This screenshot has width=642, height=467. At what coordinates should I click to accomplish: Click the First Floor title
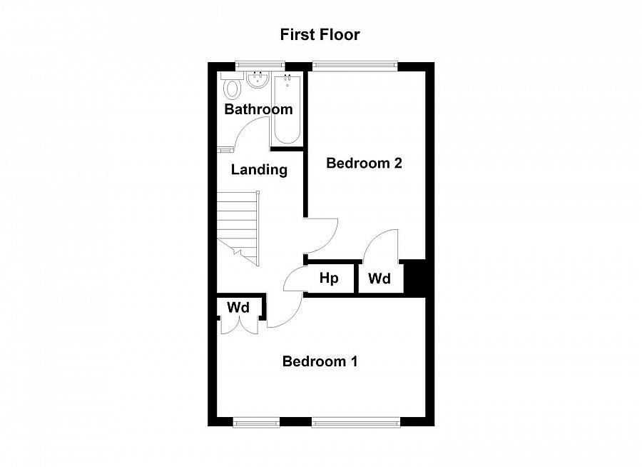(320, 34)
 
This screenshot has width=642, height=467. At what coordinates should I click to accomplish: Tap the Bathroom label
(258, 109)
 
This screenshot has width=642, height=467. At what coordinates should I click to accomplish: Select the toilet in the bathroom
(232, 89)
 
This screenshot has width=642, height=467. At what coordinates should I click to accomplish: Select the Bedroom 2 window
(354, 66)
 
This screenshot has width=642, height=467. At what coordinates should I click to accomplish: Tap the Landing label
(259, 170)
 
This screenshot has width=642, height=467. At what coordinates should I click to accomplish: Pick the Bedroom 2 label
(364, 163)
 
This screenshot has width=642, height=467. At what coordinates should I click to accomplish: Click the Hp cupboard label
(328, 278)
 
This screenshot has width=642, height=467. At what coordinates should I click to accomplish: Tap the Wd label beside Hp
(379, 278)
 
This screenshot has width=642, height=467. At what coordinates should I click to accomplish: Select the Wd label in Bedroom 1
(238, 307)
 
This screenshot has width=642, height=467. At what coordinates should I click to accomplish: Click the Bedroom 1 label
(320, 361)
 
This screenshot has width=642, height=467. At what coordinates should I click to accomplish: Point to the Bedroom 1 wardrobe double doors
(239, 326)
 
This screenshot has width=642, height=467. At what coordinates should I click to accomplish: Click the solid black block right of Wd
(414, 277)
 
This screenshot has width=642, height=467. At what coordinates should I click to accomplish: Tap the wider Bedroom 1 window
(355, 422)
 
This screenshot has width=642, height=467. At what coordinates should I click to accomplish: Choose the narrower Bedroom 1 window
(256, 422)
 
